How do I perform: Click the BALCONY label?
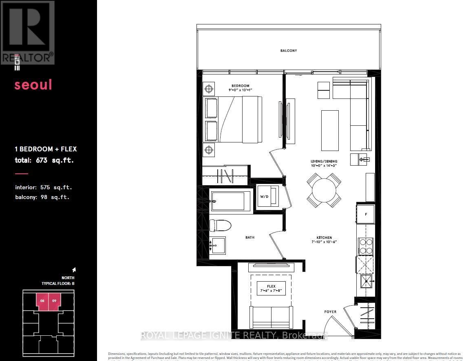[x=288, y=51]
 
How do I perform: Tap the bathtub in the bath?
[x=231, y=201]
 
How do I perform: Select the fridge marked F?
[x=366, y=214]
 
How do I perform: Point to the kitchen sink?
[x=366, y=280]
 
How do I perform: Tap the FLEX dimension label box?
[x=271, y=288]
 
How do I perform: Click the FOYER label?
[x=330, y=312]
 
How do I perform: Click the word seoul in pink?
[x=33, y=85]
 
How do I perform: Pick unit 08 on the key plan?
[x=42, y=302]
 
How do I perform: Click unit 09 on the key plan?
[x=54, y=302]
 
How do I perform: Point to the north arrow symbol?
[x=74, y=269]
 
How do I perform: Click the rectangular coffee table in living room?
[x=330, y=131]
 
